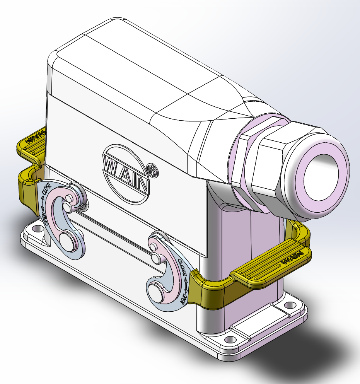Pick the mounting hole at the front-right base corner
click(230, 340)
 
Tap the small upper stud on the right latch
click(155, 257)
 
